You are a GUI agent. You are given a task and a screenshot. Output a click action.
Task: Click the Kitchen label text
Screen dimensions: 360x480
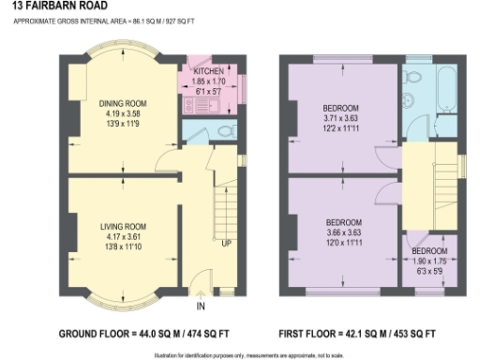pyautogui.click(x=208, y=71)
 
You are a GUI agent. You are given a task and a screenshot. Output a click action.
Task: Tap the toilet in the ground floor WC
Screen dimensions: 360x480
pyautogui.click(x=225, y=132)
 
